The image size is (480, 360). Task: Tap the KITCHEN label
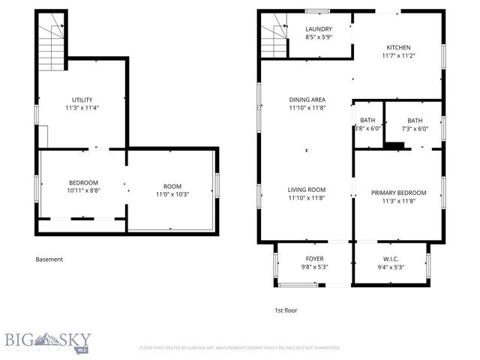(x=397, y=47)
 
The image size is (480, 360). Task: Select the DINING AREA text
(x=307, y=99)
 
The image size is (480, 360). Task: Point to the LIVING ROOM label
(x=307, y=190)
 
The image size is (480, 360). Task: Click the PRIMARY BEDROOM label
(x=399, y=193)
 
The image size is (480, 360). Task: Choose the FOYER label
(x=314, y=258)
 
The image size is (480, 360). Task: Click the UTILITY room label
(x=82, y=99)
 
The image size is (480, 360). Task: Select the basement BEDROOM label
(x=83, y=182)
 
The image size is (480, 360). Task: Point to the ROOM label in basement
(x=172, y=186)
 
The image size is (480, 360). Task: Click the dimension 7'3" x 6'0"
(x=415, y=128)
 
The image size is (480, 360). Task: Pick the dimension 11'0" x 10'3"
(x=172, y=195)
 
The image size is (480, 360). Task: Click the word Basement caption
(x=49, y=259)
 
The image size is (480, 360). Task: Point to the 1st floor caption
(x=286, y=309)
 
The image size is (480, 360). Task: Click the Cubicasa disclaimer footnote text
(x=240, y=348)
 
